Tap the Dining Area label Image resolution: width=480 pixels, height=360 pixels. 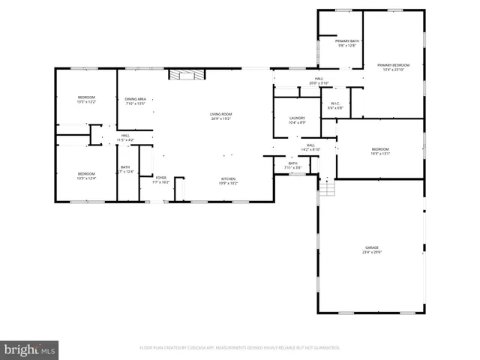point(136,100)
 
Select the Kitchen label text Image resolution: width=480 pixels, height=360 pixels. point(229,180)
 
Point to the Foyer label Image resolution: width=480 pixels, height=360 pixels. point(161,178)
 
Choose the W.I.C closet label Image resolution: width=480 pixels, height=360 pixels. point(335,105)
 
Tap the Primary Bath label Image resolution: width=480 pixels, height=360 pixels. point(346,42)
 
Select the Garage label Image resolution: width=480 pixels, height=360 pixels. point(372,249)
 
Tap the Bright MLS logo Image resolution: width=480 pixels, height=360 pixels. point(30,349)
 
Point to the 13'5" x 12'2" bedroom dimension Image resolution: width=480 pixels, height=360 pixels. point(86,102)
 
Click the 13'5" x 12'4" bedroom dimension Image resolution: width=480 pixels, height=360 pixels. point(86,178)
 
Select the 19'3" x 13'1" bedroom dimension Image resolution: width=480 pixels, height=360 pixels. point(380,154)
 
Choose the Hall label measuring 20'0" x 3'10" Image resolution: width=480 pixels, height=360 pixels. point(319,82)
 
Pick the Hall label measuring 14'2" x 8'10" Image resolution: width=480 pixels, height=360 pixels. point(310,148)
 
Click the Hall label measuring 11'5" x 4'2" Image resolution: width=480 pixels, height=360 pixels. point(125,139)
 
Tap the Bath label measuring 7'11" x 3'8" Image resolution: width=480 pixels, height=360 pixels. point(292,166)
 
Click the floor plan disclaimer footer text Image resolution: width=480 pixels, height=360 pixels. point(240,348)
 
